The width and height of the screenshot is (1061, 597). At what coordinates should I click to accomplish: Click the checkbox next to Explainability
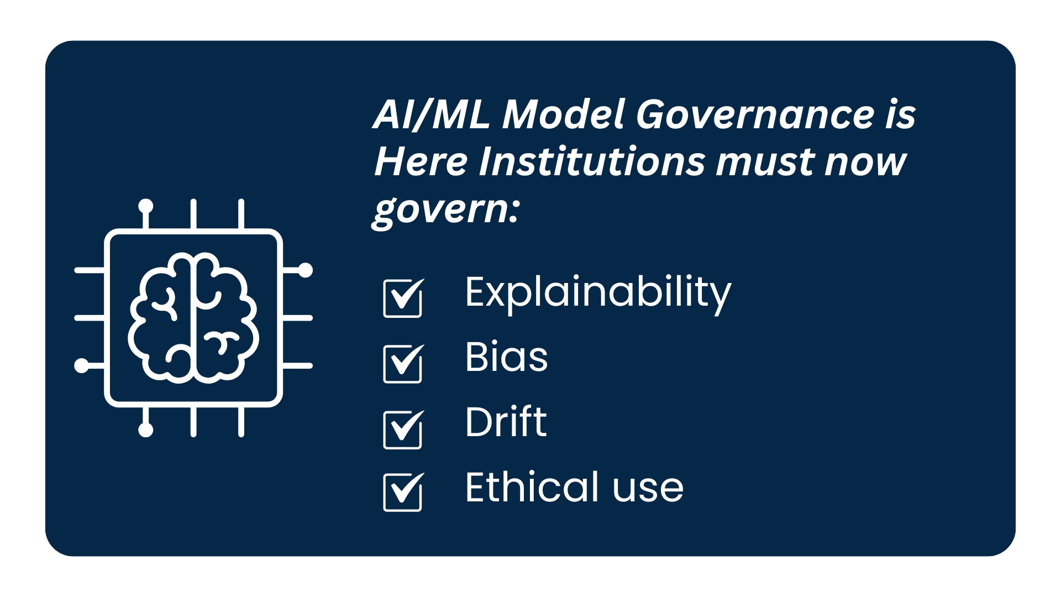click(x=403, y=298)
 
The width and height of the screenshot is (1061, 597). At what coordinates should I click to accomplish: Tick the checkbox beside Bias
click(x=403, y=363)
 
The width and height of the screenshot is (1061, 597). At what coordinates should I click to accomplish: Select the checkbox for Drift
click(x=403, y=429)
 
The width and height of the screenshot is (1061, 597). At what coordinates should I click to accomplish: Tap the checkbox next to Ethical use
click(x=403, y=491)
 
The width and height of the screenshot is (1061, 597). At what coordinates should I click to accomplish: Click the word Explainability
click(x=598, y=294)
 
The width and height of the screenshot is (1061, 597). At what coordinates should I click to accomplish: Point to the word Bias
click(x=506, y=357)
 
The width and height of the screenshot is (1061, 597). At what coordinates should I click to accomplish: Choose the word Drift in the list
click(x=506, y=422)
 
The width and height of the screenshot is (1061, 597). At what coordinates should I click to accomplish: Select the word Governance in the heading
click(x=755, y=114)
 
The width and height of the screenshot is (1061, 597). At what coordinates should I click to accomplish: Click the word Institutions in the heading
click(x=591, y=162)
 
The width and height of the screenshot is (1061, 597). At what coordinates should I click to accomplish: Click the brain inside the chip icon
click(x=193, y=318)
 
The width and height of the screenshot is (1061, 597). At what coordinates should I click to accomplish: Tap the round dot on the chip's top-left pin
click(x=146, y=206)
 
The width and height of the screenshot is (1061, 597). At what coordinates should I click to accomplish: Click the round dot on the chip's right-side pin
click(x=305, y=270)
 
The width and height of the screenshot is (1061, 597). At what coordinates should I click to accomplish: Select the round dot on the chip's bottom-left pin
click(x=146, y=430)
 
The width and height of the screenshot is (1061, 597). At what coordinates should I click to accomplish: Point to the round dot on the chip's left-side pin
click(x=82, y=365)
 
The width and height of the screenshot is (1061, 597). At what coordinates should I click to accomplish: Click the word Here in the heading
click(x=421, y=162)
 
